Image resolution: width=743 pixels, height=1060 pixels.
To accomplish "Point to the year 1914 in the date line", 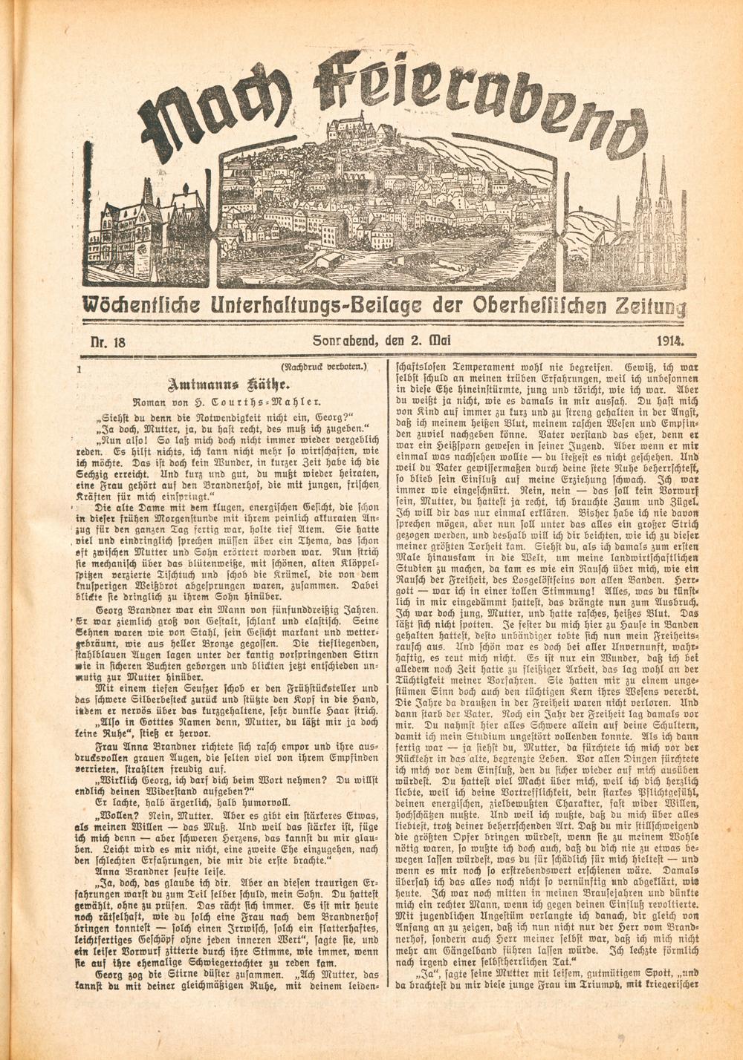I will (x=669, y=342).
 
